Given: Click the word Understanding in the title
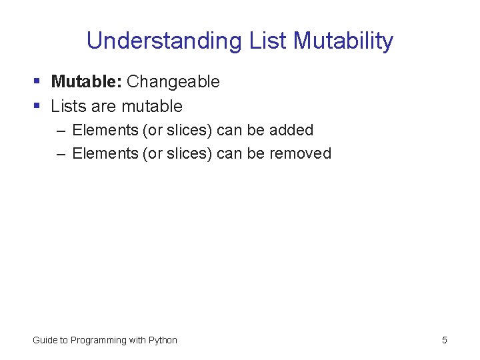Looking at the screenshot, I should pos(163,41).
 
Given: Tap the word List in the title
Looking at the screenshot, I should pos(268,41).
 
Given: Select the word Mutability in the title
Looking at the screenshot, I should pos(343,41).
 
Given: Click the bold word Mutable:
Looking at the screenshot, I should pos(86,81).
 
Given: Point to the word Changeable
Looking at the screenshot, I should pos(173,81).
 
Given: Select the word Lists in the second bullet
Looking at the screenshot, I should pos(67,106).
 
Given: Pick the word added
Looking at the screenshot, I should pos(291,130).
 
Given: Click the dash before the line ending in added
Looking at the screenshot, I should pos(61,131).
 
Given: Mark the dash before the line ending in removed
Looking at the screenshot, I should pos(61,154).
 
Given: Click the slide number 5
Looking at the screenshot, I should pos(444,340).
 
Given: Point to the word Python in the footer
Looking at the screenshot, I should pos(163,340).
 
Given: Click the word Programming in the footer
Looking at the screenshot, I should pos(98,340).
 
